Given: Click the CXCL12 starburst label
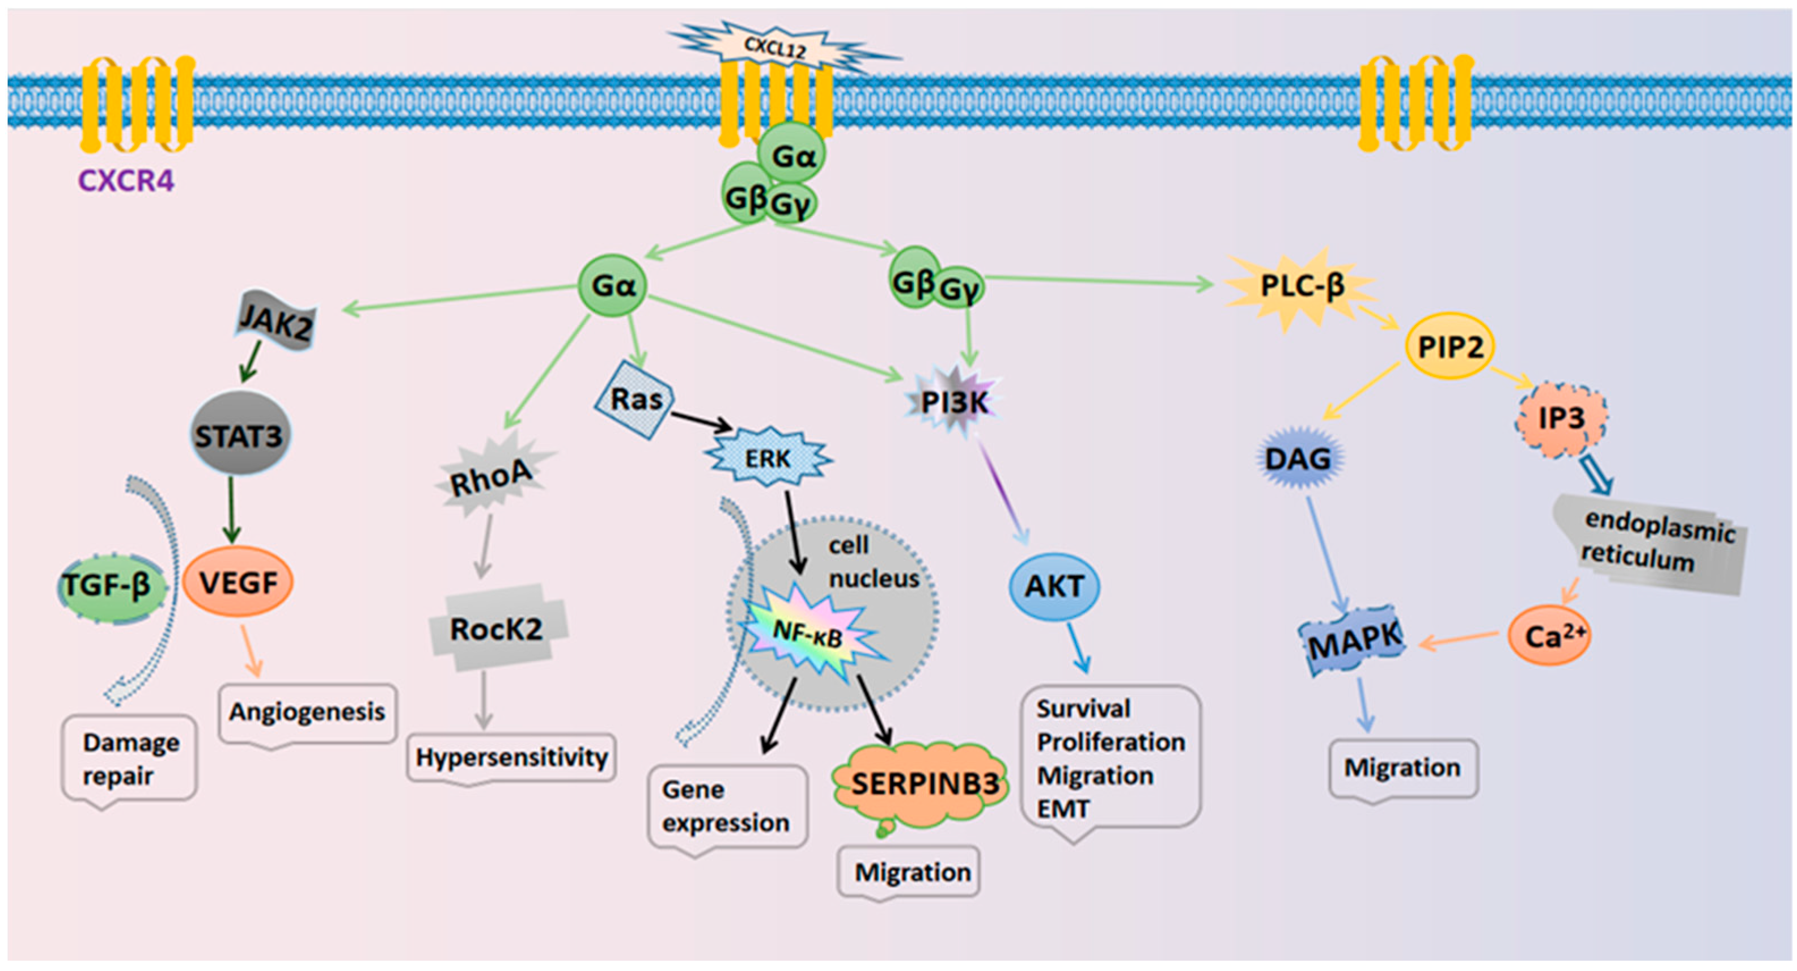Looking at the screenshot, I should [x=775, y=48].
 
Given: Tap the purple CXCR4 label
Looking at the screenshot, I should [x=126, y=181].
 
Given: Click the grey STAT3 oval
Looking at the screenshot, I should [x=239, y=436].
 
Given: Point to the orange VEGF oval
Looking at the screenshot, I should [x=239, y=582].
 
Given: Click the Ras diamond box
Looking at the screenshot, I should [x=635, y=400].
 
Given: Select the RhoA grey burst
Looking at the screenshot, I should [x=493, y=477].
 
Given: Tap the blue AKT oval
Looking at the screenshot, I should [x=1054, y=587].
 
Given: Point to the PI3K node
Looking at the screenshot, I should [x=954, y=402].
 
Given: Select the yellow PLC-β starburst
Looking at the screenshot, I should [x=1301, y=285].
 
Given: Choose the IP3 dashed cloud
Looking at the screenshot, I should [x=1561, y=418].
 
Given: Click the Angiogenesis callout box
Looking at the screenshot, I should [x=307, y=712].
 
